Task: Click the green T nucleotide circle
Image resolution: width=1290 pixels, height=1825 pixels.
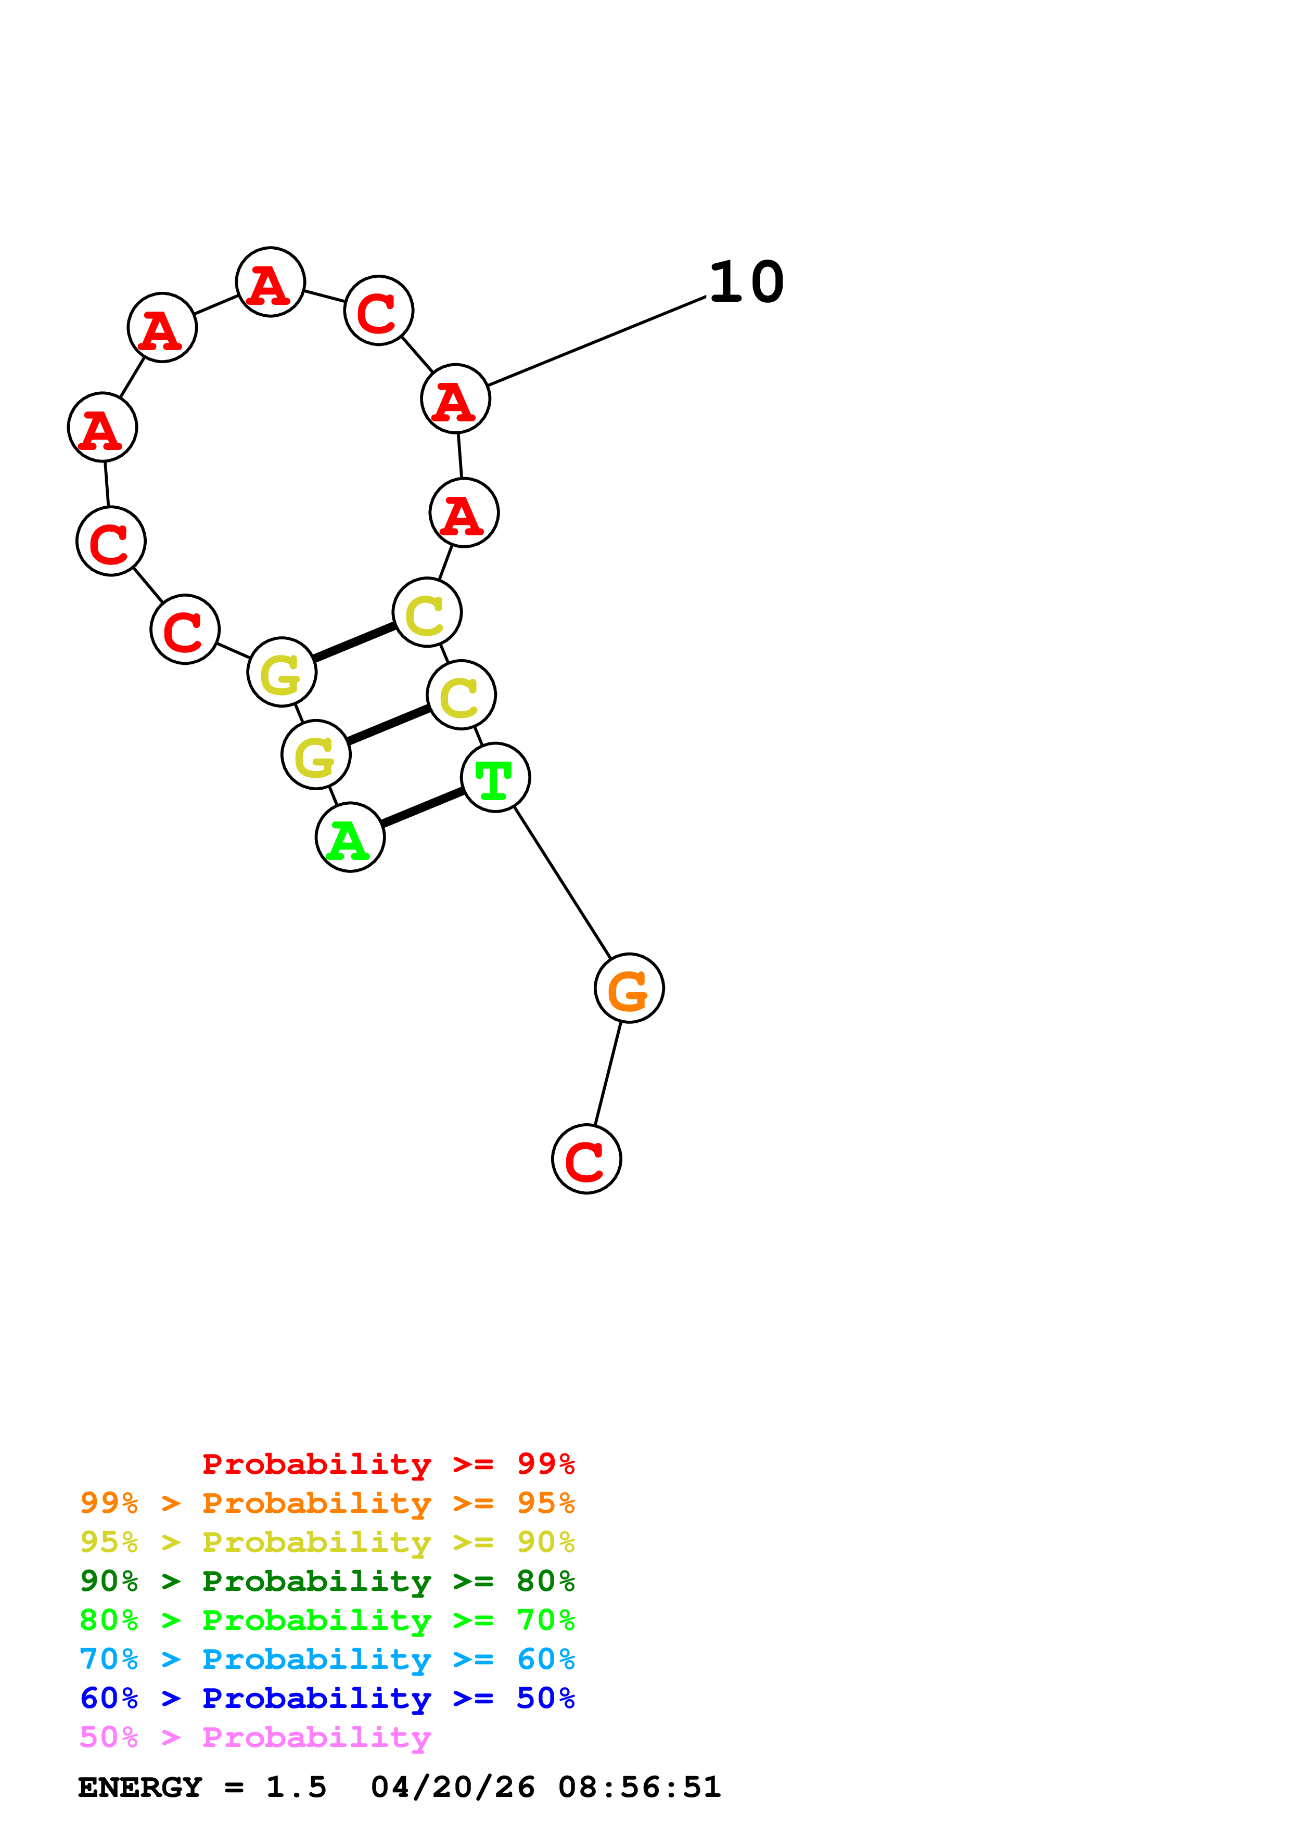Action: click(495, 777)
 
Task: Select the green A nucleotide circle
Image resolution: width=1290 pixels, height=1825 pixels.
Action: click(350, 837)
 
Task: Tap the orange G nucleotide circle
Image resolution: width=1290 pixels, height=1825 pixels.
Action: click(629, 988)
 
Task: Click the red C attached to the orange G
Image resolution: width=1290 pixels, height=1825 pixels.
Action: click(586, 1159)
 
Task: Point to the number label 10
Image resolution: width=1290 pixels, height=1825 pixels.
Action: click(746, 282)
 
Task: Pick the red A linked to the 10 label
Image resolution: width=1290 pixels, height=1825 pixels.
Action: click(455, 398)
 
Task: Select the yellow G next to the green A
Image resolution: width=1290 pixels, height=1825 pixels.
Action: click(315, 754)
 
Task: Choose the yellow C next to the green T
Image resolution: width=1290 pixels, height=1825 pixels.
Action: click(461, 695)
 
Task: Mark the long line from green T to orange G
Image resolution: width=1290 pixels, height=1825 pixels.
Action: click(562, 882)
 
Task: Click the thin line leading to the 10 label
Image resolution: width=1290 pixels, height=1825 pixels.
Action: click(596, 342)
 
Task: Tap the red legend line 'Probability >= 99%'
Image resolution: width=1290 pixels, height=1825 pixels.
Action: click(388, 1464)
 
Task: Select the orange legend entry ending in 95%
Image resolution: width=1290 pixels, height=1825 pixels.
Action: click(327, 1503)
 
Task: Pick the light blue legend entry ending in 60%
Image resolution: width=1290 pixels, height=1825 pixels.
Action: click(327, 1659)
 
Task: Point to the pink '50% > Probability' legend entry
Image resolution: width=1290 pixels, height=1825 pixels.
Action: click(255, 1737)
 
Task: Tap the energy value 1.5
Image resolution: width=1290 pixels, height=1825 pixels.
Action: click(296, 1787)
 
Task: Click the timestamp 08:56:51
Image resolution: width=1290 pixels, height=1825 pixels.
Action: click(639, 1787)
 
